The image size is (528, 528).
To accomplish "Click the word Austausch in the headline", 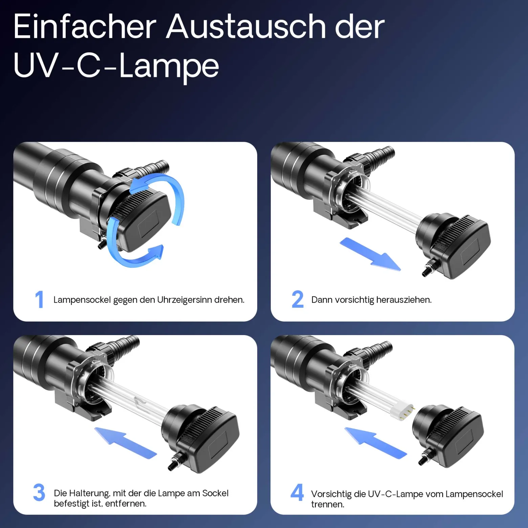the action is coord(246,27).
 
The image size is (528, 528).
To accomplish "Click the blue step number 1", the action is coord(40,299).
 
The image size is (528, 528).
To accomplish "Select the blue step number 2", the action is coord(298,299).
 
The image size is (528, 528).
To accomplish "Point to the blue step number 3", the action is coord(39,492).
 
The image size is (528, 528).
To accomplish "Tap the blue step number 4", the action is coord(297,492).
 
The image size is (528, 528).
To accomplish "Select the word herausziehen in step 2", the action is coord(404,300).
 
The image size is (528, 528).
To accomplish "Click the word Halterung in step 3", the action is coord(89,493).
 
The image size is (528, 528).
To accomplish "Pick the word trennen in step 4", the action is coord(328,504).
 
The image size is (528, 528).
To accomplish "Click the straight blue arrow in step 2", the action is coord(370,254).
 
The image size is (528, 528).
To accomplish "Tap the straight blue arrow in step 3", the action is coord(125,443).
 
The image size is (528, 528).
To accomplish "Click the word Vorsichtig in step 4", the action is coord(331,494).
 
